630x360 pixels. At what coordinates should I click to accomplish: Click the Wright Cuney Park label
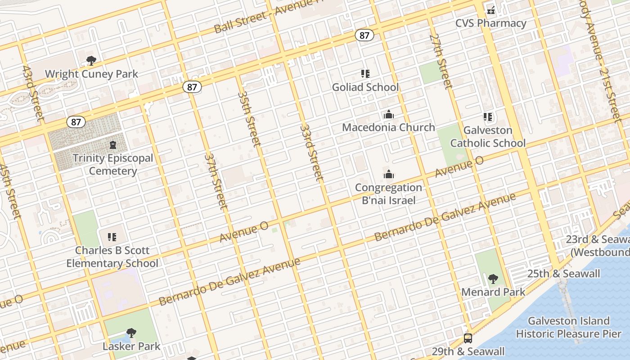click(x=91, y=74)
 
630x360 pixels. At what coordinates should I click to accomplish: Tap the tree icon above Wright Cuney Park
click(x=91, y=60)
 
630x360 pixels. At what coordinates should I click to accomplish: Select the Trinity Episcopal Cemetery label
click(x=113, y=164)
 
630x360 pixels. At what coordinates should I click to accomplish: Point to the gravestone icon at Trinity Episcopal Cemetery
click(x=112, y=145)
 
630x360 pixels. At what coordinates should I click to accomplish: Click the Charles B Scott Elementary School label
click(x=112, y=256)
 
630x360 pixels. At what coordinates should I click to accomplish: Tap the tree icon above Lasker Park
click(x=131, y=333)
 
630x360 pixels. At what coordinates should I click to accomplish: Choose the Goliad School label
click(x=365, y=87)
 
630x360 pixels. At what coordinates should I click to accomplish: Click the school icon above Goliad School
click(x=365, y=73)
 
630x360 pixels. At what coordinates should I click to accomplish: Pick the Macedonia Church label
click(x=388, y=127)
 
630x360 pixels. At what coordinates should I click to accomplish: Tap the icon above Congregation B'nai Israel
click(x=388, y=174)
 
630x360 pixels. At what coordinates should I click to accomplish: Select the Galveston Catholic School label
click(x=488, y=136)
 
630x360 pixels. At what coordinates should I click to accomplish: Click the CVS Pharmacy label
click(x=490, y=23)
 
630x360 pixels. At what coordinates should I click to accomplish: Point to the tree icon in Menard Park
click(x=493, y=279)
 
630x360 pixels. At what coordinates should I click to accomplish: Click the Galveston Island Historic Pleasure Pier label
click(x=569, y=327)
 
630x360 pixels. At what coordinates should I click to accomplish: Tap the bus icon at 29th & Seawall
click(x=468, y=338)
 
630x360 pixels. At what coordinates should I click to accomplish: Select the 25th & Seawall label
click(x=563, y=274)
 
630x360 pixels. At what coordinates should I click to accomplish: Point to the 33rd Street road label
click(x=311, y=152)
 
